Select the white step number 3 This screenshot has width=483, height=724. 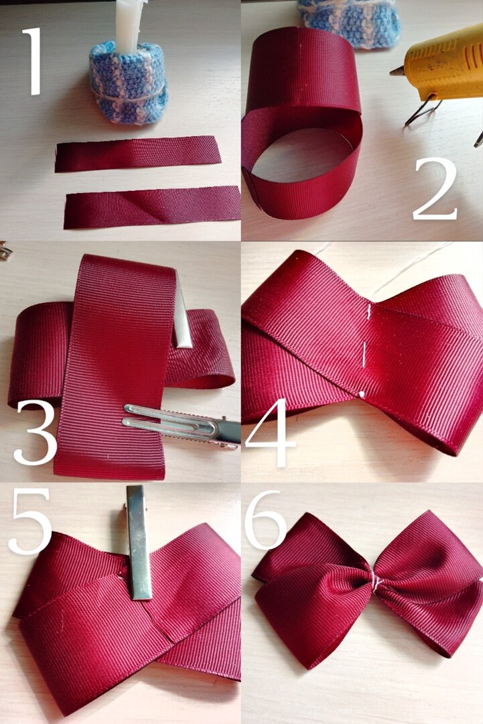coord(35,432)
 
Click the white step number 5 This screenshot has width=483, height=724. coord(30,521)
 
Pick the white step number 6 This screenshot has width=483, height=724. coord(266,521)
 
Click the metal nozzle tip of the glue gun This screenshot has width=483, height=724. coord(397,71)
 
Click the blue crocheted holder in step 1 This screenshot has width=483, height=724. coord(128,83)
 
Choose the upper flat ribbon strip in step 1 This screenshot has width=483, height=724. coord(137,153)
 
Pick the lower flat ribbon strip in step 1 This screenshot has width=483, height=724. coord(152,207)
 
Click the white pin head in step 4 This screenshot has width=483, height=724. coord(361,394)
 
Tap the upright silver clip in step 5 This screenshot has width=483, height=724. coord(138,542)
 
